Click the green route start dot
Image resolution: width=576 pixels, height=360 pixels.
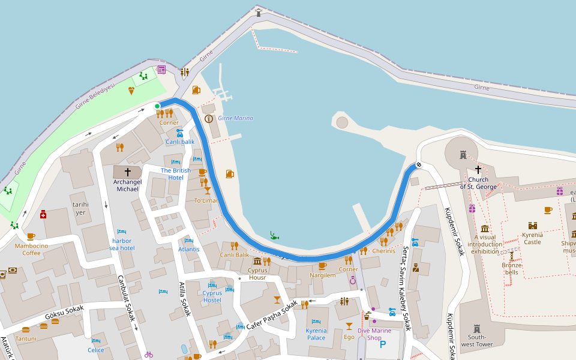tap(157, 106)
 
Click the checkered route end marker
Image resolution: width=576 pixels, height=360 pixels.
tap(418, 166)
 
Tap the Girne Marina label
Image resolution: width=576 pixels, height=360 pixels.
tap(235, 118)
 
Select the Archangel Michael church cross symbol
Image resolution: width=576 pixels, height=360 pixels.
tap(128, 172)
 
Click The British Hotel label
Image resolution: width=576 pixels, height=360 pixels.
tap(176, 174)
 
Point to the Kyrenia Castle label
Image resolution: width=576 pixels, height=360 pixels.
tap(532, 238)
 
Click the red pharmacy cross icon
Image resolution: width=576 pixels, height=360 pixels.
tap(43, 214)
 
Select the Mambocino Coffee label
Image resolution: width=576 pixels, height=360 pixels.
tap(32, 249)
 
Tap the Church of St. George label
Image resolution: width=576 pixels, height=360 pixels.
tap(478, 183)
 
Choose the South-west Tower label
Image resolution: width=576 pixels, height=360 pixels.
tap(477, 340)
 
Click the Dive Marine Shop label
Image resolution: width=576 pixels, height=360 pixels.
tap(374, 334)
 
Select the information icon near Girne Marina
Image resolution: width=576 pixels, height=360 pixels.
tap(209, 119)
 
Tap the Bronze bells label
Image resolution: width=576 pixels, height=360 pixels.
tap(511, 268)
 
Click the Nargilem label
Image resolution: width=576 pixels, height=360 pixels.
tap(322, 275)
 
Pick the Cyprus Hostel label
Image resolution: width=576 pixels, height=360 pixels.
tap(212, 296)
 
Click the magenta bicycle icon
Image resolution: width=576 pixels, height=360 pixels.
tap(149, 355)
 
